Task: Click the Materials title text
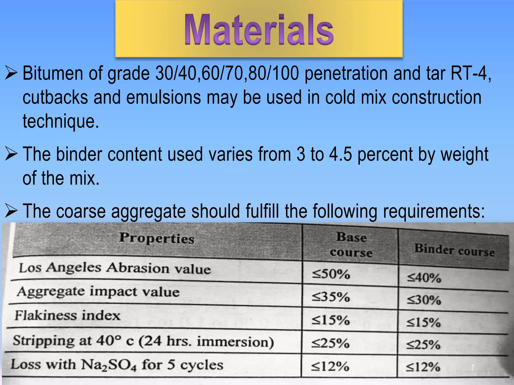259,30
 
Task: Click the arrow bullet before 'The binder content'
11,154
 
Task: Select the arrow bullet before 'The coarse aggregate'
11,211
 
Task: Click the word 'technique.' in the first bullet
61,121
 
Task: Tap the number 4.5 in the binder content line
340,154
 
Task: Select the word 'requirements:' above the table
434,211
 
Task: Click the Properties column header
157,238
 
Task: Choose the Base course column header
351,245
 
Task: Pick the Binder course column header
454,250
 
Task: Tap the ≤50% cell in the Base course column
331,274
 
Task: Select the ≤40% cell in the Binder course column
424,278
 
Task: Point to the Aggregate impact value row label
98,292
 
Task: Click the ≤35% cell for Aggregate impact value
331,297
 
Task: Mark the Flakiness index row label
68,315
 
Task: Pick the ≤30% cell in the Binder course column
424,300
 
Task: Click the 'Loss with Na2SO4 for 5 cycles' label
117,365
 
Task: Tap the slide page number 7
473,367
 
